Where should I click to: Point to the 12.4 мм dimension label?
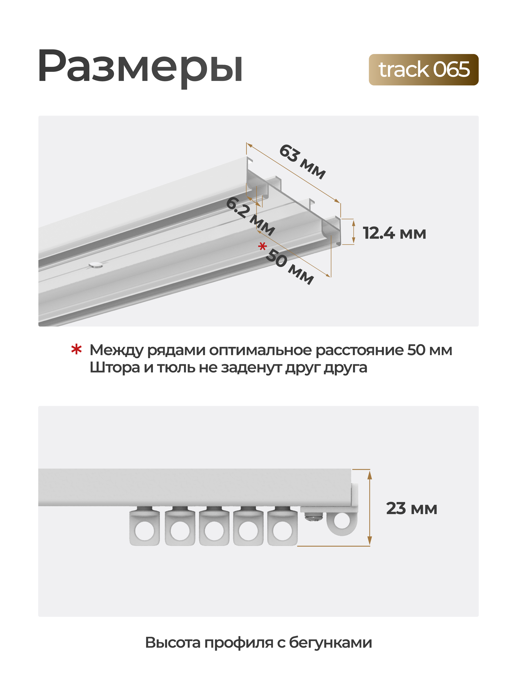(x=394, y=233)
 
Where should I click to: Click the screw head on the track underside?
(x=96, y=266)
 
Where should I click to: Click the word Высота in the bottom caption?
(x=173, y=643)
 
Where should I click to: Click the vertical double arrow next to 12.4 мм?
(x=353, y=231)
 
